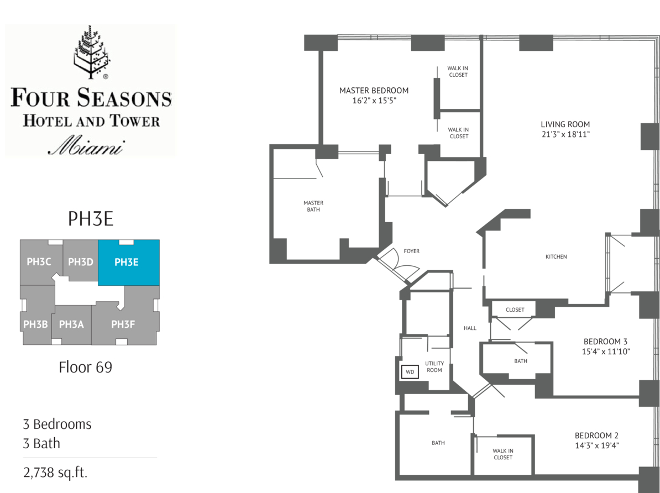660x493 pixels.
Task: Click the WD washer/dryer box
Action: click(x=410, y=372)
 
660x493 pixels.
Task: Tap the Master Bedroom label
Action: click(x=374, y=91)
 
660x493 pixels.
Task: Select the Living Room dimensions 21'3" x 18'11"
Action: click(x=565, y=134)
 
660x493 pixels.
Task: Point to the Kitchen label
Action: click(x=556, y=256)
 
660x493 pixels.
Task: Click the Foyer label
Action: click(x=411, y=251)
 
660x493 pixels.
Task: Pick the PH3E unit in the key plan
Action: click(x=129, y=263)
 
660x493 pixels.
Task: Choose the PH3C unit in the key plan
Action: click(x=39, y=262)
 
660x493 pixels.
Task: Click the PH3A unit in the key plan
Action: click(x=71, y=324)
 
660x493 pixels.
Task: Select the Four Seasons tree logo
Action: click(x=91, y=52)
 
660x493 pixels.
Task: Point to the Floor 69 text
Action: click(x=86, y=367)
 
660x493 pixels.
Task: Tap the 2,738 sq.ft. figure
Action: click(x=55, y=473)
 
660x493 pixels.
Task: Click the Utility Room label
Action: click(x=434, y=366)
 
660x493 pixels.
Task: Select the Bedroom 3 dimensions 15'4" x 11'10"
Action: click(x=606, y=352)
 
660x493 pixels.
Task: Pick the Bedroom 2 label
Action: click(x=596, y=436)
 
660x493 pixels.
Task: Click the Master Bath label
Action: click(x=313, y=206)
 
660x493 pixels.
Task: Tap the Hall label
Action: click(x=470, y=328)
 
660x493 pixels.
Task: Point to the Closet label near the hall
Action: click(x=515, y=310)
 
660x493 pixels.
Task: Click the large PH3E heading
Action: click(x=91, y=219)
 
